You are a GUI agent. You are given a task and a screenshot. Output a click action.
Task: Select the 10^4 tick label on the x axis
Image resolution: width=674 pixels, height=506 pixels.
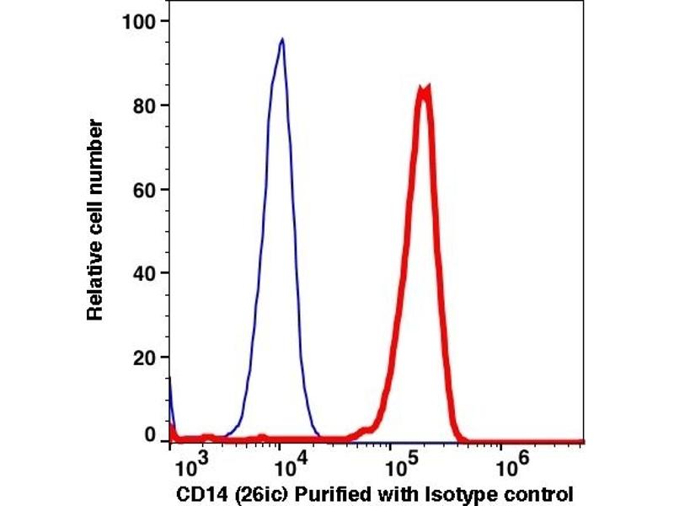[286, 464]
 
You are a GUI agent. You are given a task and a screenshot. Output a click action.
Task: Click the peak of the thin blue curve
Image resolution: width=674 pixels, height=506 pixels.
[282, 39]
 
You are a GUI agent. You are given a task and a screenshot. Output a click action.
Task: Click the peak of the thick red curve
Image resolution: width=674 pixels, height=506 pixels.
[425, 87]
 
